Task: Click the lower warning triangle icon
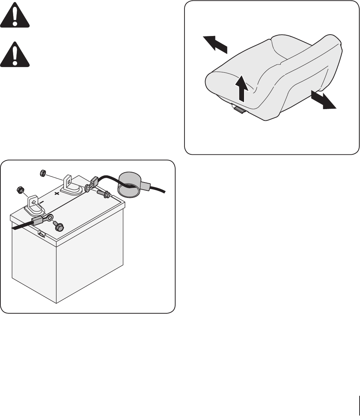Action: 15,56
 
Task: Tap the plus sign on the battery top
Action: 56,194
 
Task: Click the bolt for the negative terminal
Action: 59,226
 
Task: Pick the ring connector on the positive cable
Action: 87,187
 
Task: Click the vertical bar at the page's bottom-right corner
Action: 357,403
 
